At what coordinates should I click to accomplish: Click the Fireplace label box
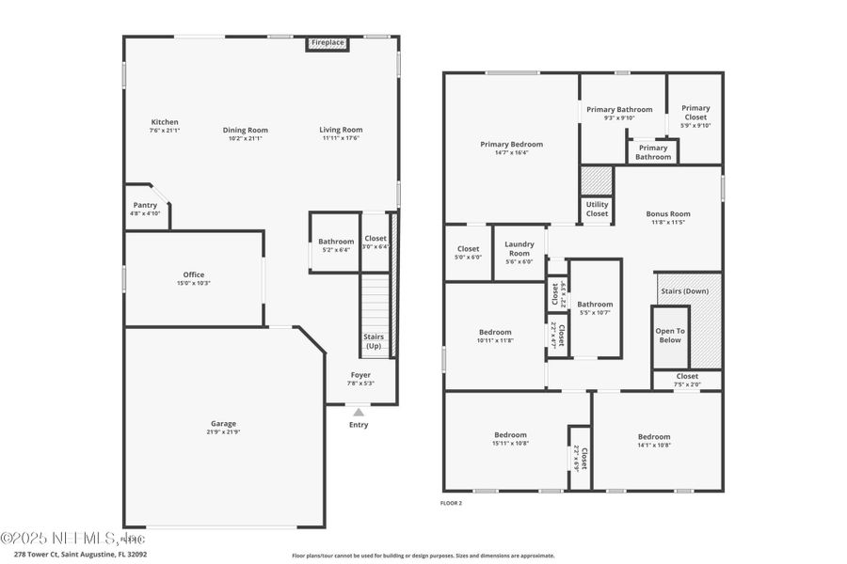pos(328,43)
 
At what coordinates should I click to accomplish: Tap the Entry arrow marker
pos(358,412)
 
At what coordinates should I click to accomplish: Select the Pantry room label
pos(145,205)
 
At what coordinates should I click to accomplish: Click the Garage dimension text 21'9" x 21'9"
pos(223,432)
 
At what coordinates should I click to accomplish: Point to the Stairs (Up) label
pos(374,341)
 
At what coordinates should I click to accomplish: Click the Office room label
pos(194,274)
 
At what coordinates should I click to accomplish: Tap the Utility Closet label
pos(597,209)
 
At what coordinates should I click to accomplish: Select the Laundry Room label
pos(519,248)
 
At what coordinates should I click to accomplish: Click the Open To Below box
pos(670,336)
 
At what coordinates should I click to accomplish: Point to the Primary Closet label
pos(695,113)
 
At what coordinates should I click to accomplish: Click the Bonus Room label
pos(668,213)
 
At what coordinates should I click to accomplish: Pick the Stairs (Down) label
pos(684,291)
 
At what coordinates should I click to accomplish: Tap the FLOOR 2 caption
pos(452,503)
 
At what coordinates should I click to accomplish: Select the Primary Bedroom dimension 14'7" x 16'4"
pos(511,153)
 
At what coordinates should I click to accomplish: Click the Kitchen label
pos(165,122)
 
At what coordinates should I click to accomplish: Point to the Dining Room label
pos(246,130)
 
